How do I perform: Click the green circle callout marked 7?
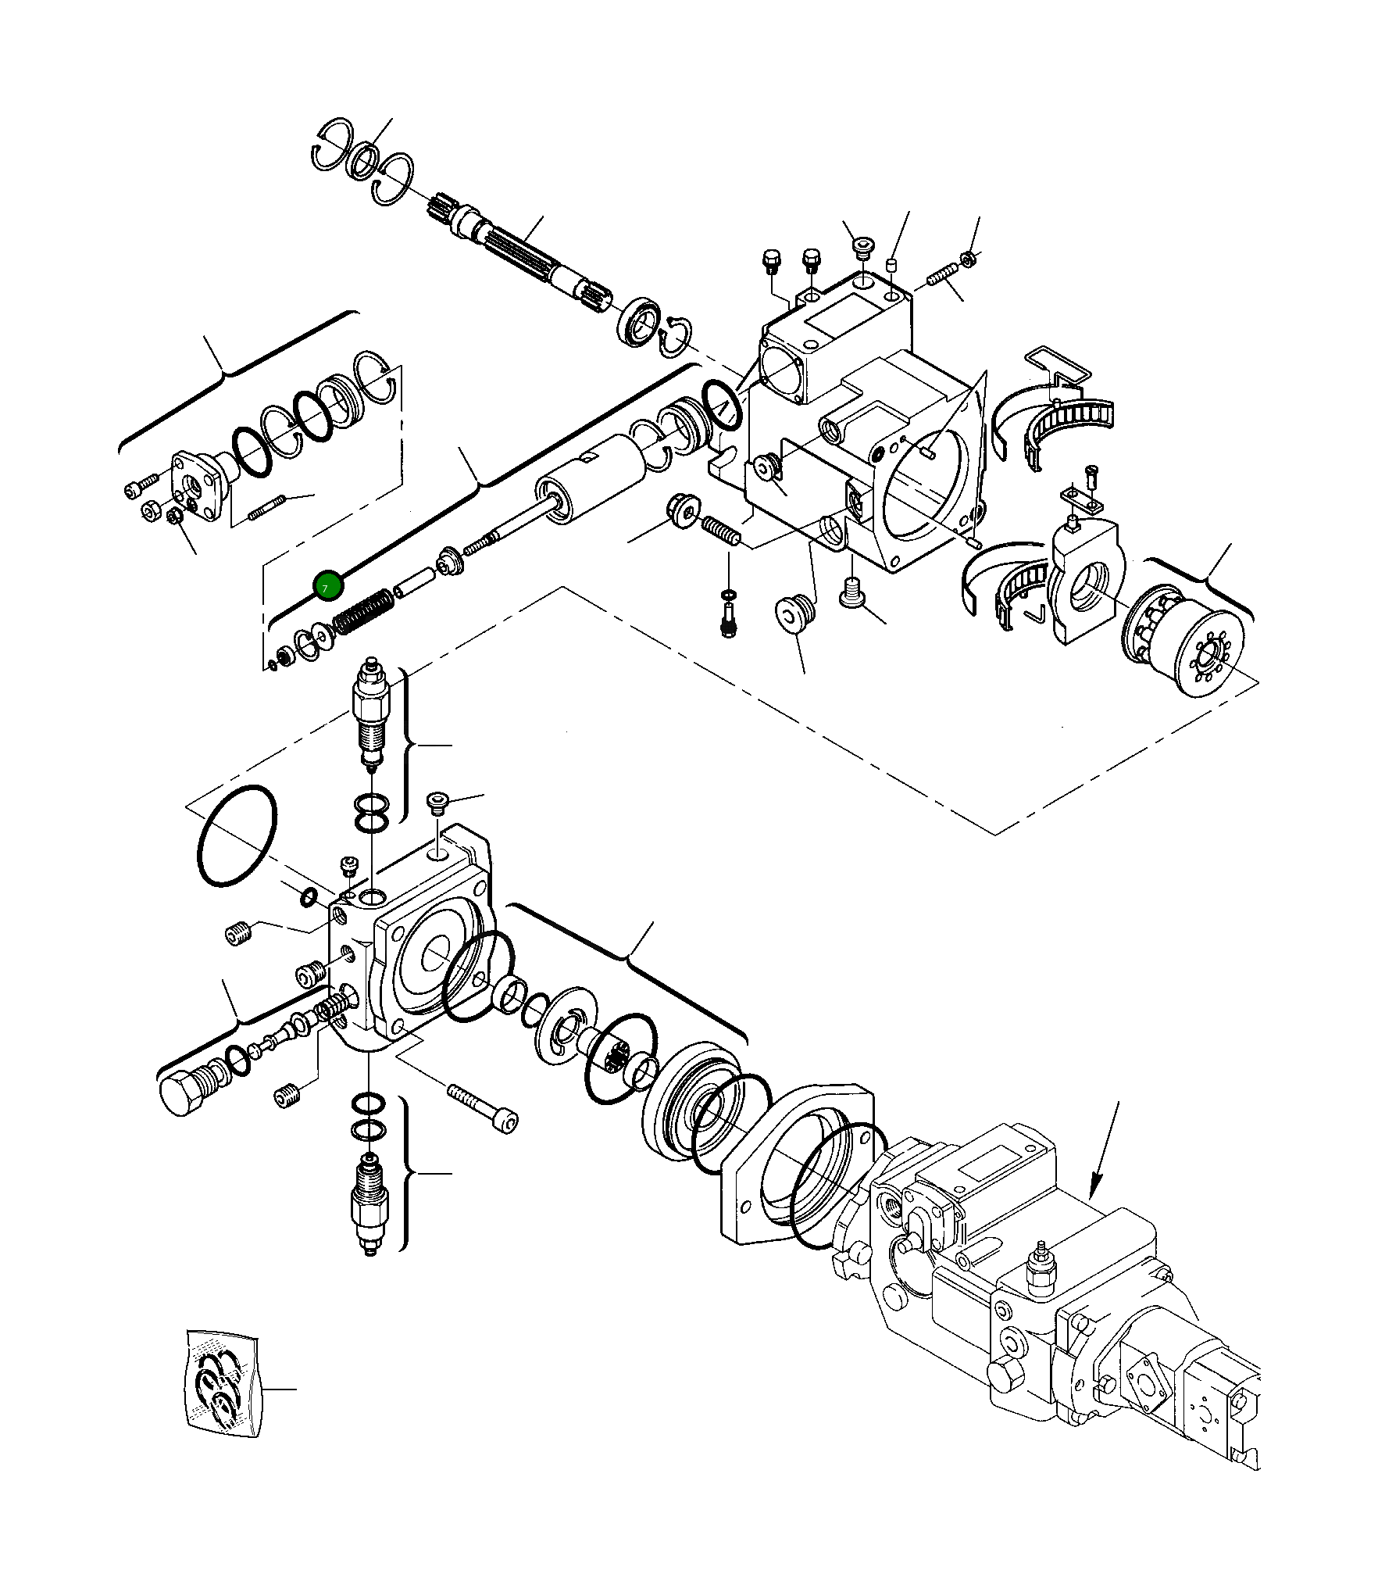pos(327,585)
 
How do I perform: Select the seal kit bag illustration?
pos(223,1389)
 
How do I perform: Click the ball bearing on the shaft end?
pos(642,320)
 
